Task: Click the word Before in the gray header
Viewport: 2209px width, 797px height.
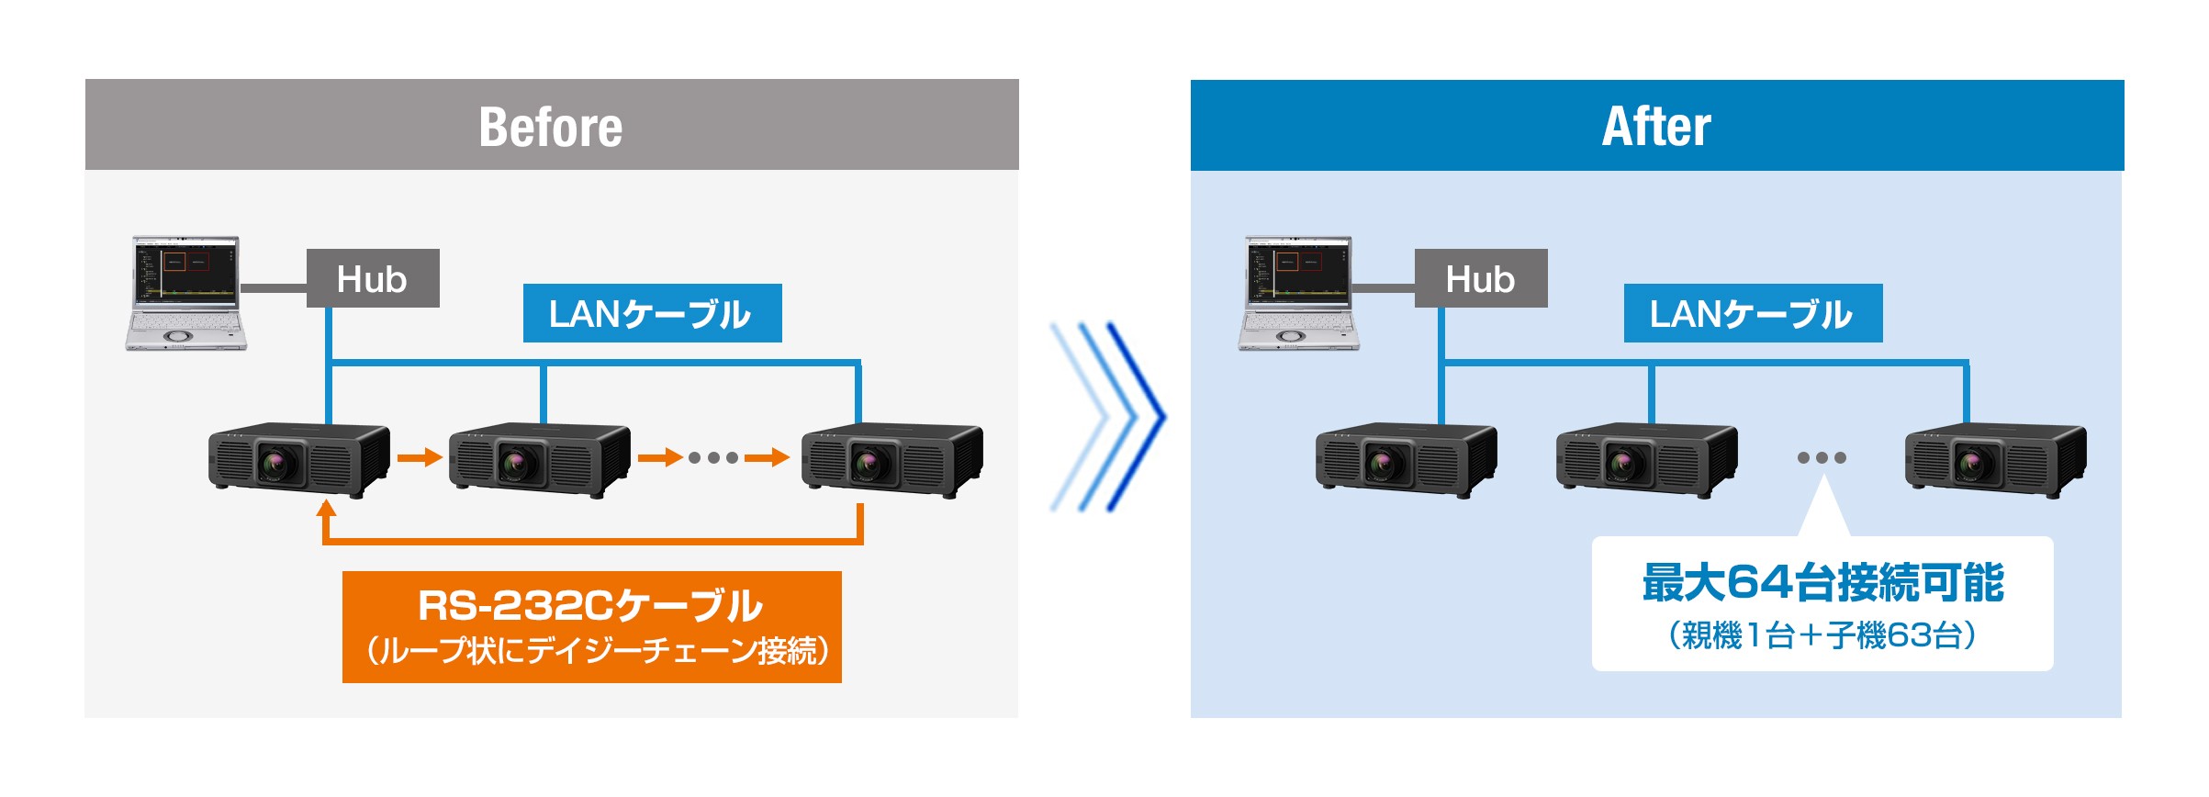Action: (x=551, y=127)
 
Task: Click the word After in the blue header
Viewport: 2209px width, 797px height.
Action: (x=1656, y=127)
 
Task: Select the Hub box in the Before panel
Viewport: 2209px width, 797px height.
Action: (x=373, y=278)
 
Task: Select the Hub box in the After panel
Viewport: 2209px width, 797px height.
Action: (x=1480, y=278)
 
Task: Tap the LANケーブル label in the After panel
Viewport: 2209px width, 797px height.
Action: (x=1752, y=314)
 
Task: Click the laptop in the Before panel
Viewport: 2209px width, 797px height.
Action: (x=186, y=292)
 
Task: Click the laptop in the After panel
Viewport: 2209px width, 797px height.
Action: (x=1297, y=292)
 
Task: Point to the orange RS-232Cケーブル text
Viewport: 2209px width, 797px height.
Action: (x=590, y=605)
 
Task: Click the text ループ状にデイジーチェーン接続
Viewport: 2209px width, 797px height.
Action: (x=597, y=651)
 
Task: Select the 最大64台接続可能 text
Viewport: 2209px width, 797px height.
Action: (x=1822, y=582)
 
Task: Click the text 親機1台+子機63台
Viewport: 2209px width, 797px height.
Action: (x=1822, y=635)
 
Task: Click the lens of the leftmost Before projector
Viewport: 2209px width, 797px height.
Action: (x=276, y=462)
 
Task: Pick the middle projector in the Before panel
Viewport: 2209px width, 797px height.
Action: (x=539, y=458)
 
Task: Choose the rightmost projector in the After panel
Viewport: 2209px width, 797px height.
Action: (x=1995, y=458)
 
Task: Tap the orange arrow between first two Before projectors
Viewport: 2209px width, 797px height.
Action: (x=420, y=456)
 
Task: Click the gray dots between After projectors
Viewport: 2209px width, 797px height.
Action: (x=1822, y=457)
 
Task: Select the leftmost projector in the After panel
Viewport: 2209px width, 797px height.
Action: (x=1406, y=458)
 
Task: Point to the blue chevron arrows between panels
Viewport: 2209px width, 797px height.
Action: (x=1108, y=416)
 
